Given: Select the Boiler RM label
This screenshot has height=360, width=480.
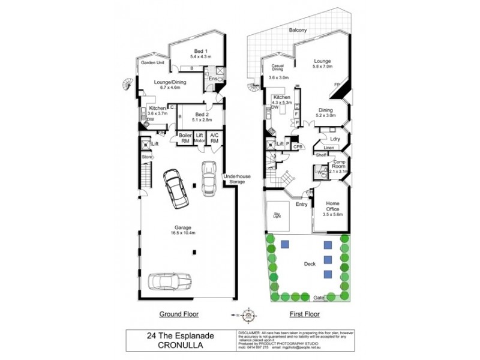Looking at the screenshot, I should pyautogui.click(x=185, y=138).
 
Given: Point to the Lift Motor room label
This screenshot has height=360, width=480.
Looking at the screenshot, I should pyautogui.click(x=200, y=138).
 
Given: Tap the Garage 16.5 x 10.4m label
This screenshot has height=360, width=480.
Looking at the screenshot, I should pyautogui.click(x=183, y=230).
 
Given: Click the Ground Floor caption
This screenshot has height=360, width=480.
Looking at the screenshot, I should pyautogui.click(x=178, y=314).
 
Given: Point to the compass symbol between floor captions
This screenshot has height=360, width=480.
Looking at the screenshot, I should pyautogui.click(x=247, y=314).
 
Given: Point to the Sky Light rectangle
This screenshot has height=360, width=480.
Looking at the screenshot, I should pyautogui.click(x=278, y=215).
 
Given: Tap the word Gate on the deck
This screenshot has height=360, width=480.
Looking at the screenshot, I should pyautogui.click(x=318, y=298).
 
